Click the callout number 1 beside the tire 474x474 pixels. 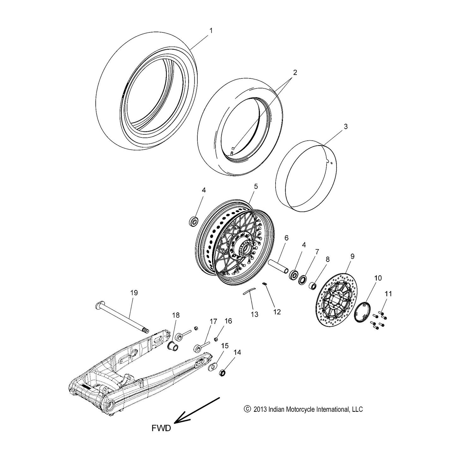pyautogui.click(x=211, y=31)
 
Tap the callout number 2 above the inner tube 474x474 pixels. pyautogui.click(x=295, y=72)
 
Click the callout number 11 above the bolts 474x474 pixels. pyautogui.click(x=388, y=294)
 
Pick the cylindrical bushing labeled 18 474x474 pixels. pyautogui.click(x=173, y=345)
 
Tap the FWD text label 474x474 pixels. pyautogui.click(x=161, y=428)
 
